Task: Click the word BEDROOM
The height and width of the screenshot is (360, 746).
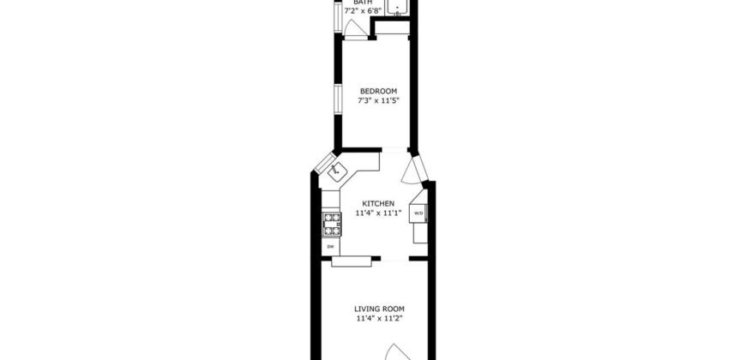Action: point(378,91)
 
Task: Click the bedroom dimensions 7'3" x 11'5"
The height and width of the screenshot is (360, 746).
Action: point(378,101)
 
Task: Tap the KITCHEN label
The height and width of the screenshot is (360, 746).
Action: point(377,202)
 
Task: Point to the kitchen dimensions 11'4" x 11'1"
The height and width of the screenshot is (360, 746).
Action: point(377,213)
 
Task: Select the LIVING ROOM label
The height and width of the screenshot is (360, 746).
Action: point(379,309)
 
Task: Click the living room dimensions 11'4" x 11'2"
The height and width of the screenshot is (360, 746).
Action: point(379,319)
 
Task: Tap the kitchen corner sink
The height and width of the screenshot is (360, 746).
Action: point(338,171)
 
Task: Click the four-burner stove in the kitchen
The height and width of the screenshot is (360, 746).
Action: point(331,224)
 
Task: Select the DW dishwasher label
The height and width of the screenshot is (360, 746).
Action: point(330,247)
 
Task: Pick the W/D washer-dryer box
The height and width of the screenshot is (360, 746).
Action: point(419,213)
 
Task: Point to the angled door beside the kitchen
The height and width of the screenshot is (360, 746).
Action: point(415,170)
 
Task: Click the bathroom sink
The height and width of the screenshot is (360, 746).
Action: point(397,9)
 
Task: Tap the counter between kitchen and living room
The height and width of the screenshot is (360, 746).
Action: point(352,260)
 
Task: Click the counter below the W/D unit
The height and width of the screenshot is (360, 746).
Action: point(418,232)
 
